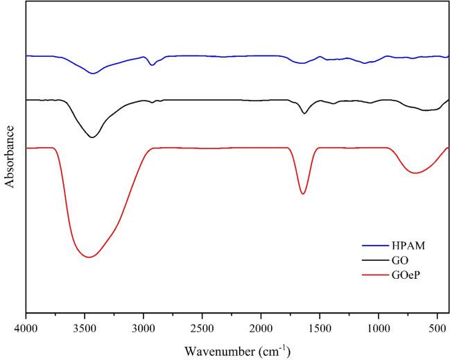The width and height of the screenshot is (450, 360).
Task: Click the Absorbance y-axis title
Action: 10,157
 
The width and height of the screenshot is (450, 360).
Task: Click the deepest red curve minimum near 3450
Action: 89,257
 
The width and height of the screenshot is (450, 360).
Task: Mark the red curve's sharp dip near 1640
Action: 303,194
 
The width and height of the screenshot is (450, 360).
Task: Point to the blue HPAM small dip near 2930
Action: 152,65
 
